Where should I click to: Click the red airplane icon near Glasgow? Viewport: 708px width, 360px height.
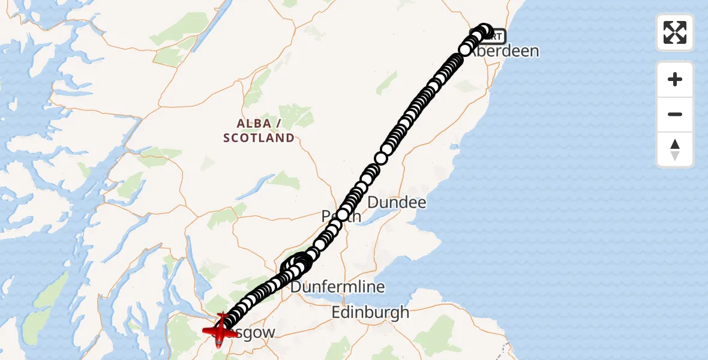point(221,329)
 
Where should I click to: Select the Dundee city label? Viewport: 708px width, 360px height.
point(397,202)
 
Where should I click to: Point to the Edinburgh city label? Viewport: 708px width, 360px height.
point(370,312)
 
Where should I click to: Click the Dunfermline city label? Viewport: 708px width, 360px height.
point(338,287)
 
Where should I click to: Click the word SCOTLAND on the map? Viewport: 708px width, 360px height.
point(259,138)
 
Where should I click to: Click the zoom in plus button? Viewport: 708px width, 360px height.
point(675,79)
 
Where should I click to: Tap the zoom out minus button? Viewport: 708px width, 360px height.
point(675,114)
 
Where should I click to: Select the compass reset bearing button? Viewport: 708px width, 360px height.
point(675,149)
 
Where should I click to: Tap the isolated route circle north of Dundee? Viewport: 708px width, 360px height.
point(381,158)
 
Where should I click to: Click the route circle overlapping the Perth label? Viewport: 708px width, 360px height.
point(343,215)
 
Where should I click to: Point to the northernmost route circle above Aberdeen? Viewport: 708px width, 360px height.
point(484,30)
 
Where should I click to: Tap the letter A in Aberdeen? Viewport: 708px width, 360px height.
point(472,52)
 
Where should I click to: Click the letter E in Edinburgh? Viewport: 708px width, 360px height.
point(337,312)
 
